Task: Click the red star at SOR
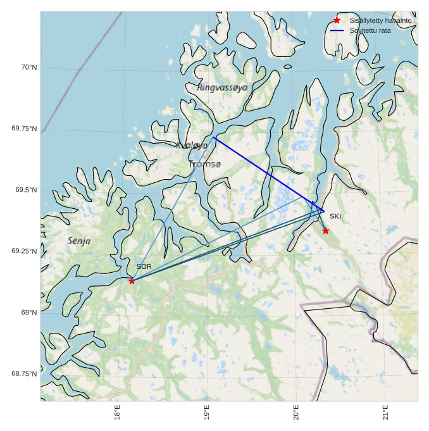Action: pos(132,280)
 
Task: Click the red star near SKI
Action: pos(325,231)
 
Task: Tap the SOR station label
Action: pos(144,267)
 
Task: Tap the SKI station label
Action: pos(335,216)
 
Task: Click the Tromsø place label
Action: pos(205,165)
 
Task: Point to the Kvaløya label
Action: pos(192,145)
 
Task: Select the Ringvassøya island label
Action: pos(222,87)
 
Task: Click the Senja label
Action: pos(79,241)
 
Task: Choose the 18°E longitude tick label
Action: pos(118,412)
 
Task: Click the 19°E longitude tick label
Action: pos(207,412)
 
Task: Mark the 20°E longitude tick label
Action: pos(296,412)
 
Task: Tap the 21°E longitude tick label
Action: pos(385,412)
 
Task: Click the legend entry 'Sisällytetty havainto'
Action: pos(380,21)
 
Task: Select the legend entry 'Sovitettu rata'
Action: pos(370,30)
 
